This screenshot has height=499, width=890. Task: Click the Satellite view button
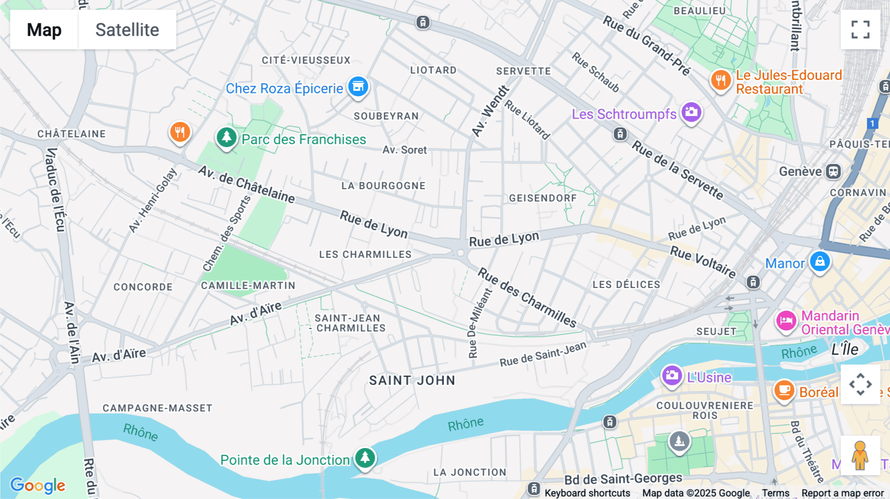point(127,30)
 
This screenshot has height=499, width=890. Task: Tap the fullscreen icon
point(860,30)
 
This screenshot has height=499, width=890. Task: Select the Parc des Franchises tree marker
point(226,137)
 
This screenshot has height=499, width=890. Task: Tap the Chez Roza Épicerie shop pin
point(358,87)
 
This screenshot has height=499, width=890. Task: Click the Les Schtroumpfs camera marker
point(691,113)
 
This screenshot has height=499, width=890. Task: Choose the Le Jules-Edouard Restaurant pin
point(720,80)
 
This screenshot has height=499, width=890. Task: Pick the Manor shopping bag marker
point(819,262)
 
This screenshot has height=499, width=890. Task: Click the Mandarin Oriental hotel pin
point(786,321)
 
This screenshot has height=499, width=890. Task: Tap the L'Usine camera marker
point(671,376)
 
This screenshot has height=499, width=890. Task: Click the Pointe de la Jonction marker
point(365,458)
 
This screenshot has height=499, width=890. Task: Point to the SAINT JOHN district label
point(412,380)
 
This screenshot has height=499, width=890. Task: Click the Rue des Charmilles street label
point(527,298)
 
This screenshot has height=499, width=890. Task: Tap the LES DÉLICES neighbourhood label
point(626,285)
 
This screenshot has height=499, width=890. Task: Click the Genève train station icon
point(834,171)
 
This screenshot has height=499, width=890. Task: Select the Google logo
point(38,485)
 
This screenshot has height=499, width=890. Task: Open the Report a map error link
point(843,493)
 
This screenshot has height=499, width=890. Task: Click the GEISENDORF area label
point(543,198)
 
